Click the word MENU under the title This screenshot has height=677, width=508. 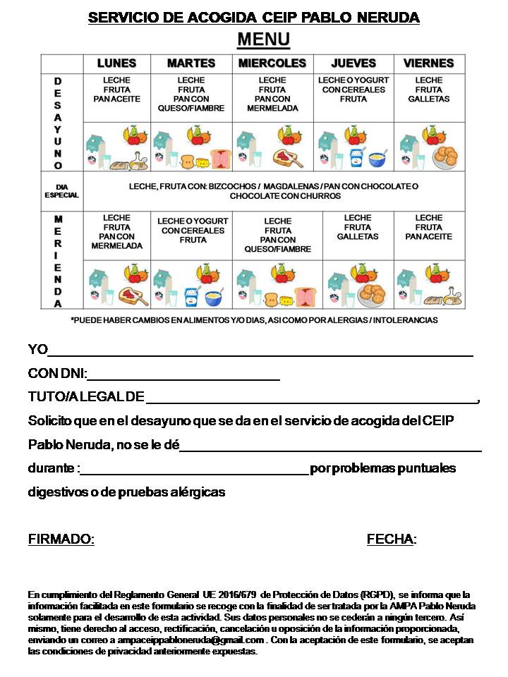(x=262, y=39)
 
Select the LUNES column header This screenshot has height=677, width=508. (x=116, y=63)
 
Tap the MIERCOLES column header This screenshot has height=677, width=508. (x=272, y=63)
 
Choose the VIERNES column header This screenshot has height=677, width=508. (x=428, y=63)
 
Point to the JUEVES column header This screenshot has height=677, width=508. (x=353, y=63)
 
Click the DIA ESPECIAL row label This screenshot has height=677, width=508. (x=61, y=191)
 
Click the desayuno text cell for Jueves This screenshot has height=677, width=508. (x=353, y=90)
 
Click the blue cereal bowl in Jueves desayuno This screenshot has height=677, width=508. (x=377, y=159)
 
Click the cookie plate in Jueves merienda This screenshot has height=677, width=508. (x=371, y=294)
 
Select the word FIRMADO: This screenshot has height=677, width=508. (x=61, y=539)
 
